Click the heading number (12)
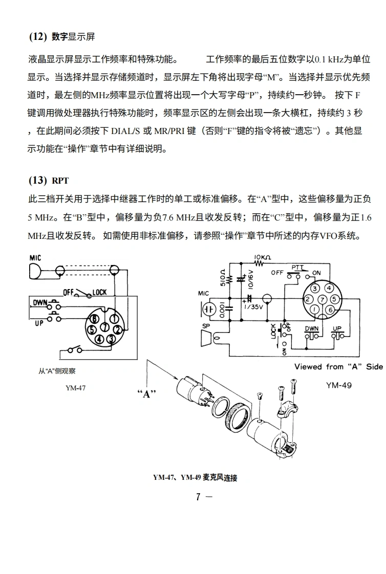click(x=37, y=37)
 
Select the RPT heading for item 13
click(x=60, y=181)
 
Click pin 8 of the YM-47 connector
click(x=94, y=319)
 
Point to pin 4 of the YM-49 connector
click(x=329, y=289)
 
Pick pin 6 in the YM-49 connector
click(x=330, y=310)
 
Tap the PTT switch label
click(x=297, y=268)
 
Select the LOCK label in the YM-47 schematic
click(x=99, y=292)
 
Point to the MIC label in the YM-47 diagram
click(x=35, y=258)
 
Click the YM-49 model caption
click(x=338, y=385)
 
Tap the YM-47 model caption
click(x=75, y=387)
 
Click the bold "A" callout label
click(x=146, y=393)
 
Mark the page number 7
click(x=198, y=496)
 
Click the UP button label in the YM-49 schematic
click(x=337, y=328)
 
